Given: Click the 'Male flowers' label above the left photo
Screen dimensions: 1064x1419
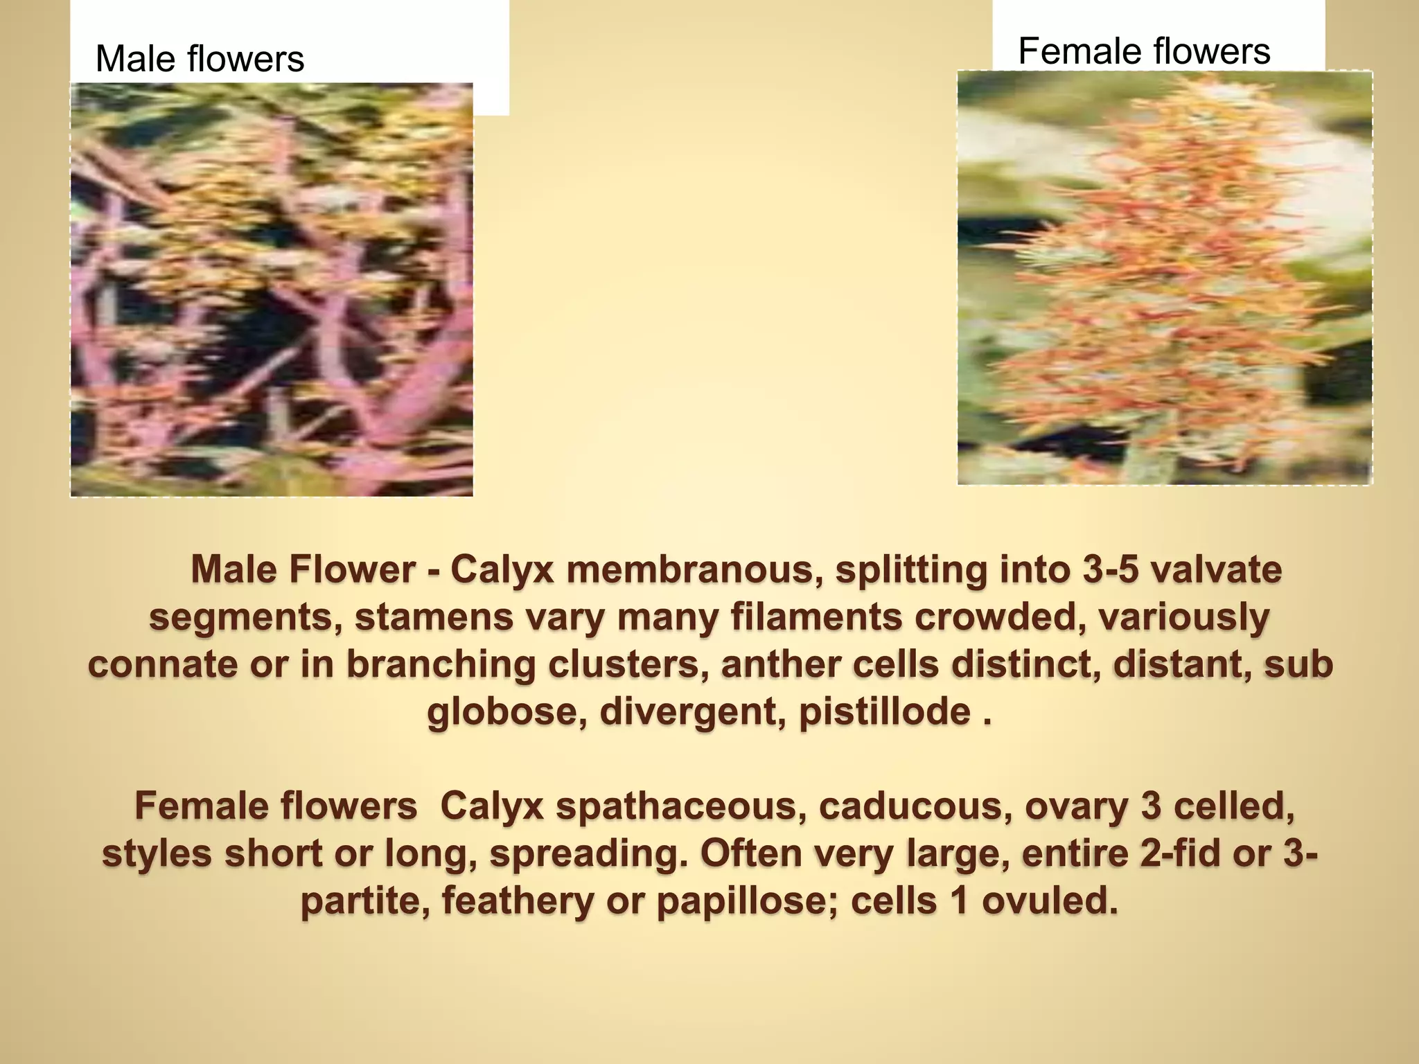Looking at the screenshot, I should [x=200, y=59].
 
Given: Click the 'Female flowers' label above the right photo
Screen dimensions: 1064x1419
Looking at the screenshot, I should [x=1144, y=51].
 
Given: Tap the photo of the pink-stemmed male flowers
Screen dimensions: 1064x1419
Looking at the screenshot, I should [x=272, y=290].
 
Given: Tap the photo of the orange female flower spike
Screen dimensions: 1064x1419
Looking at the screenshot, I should [x=1164, y=277].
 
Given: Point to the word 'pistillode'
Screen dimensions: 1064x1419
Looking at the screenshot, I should [x=884, y=712].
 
